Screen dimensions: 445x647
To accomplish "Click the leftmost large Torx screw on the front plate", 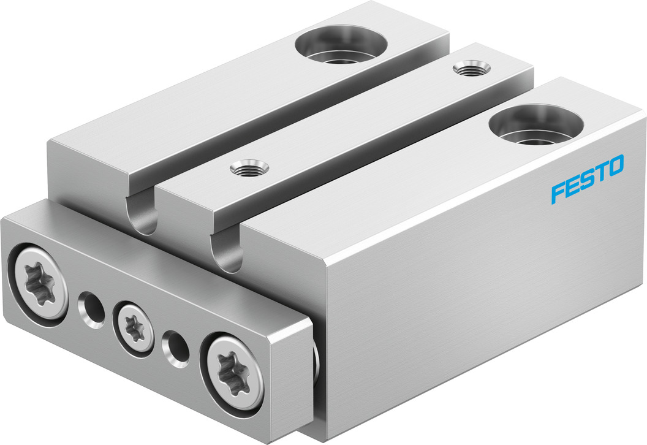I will pos(39,282).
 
